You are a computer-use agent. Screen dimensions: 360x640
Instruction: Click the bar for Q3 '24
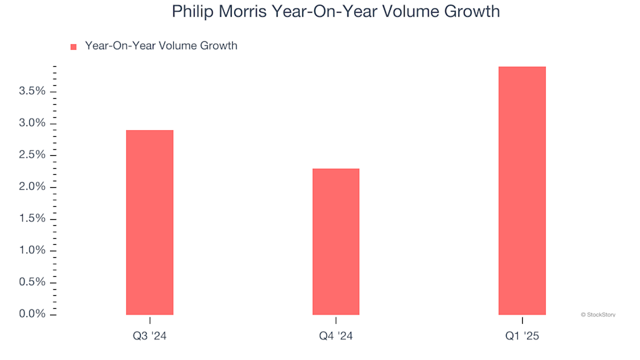tap(149, 222)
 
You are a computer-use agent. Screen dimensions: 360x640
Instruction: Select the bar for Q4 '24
tap(336, 241)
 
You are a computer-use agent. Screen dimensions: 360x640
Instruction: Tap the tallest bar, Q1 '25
tap(522, 191)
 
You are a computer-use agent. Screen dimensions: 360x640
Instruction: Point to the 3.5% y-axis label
tap(32, 91)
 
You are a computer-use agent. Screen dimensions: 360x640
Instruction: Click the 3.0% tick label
tap(32, 123)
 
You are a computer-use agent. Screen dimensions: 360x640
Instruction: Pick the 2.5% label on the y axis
tap(32, 155)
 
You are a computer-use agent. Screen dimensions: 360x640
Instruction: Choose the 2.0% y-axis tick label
tap(32, 187)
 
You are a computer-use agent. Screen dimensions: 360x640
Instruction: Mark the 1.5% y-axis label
tap(32, 219)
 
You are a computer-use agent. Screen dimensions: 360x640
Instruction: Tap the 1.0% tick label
tap(32, 251)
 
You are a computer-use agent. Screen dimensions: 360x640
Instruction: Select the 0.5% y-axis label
tap(32, 282)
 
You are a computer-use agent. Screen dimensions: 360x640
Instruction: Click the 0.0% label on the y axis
tap(32, 314)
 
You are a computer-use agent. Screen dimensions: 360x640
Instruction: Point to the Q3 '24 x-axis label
tap(149, 337)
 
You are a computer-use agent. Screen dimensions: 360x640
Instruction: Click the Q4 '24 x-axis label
tap(336, 337)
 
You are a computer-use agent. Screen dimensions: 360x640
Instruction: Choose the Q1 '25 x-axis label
tap(522, 337)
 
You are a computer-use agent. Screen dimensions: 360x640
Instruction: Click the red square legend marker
tap(73, 47)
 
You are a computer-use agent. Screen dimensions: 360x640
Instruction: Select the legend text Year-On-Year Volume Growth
tap(161, 46)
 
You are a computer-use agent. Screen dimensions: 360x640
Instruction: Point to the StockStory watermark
tap(598, 314)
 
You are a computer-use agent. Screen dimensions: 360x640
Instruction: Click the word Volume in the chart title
tap(413, 12)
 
